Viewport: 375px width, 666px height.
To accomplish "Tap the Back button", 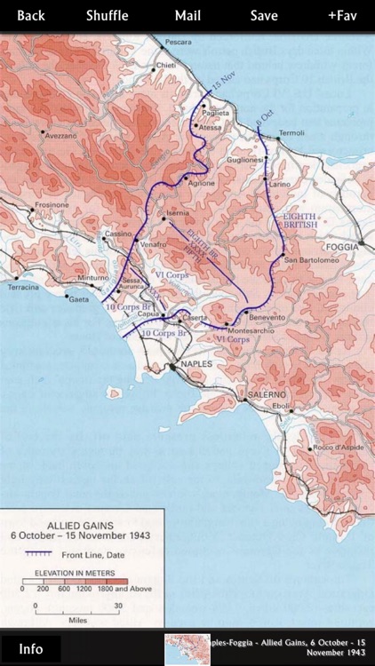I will pos(31,15).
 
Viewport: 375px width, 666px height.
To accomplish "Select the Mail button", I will pos(187,15).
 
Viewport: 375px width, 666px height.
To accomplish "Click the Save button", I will pos(264,15).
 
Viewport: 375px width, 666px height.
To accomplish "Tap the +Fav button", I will pos(342,15).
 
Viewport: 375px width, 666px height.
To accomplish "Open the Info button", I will pos(31,648).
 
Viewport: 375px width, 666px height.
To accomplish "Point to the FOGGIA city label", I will pos(342,246).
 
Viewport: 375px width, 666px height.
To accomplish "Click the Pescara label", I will pos(178,43).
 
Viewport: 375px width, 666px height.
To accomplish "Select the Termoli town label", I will pos(291,133).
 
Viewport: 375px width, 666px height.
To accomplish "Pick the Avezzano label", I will pos(60,135).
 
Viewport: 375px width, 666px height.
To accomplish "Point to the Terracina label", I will pos(24,287).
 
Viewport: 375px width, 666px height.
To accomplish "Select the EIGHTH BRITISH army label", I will pos(300,220).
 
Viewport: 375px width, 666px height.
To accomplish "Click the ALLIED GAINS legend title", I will pos(80,526).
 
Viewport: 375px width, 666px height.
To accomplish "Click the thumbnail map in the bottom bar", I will pos(187,649).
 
